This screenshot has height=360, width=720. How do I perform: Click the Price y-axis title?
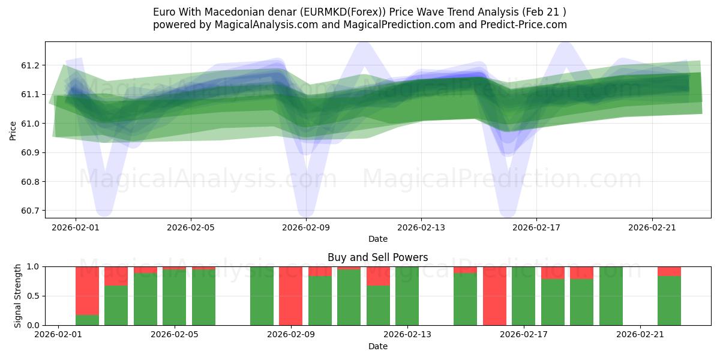[13, 130]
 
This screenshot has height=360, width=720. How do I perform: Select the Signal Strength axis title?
[17, 296]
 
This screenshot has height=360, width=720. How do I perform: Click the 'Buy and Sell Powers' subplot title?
[377, 257]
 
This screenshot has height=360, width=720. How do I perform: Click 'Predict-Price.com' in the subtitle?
[526, 25]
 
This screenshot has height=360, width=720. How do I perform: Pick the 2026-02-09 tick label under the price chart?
[306, 227]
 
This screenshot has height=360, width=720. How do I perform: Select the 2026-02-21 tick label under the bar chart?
[641, 335]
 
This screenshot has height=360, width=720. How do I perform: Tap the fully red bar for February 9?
[291, 296]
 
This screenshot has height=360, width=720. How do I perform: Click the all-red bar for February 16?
[494, 296]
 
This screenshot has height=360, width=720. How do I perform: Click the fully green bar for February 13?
[407, 296]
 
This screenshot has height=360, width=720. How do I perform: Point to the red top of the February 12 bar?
[378, 276]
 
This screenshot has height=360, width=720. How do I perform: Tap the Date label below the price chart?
[377, 239]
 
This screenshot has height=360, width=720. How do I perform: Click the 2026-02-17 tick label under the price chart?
[536, 227]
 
